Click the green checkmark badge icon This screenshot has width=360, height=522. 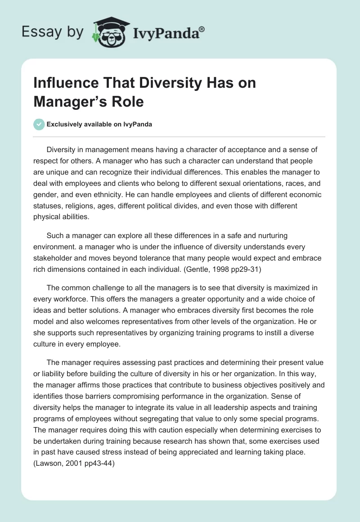[39, 124]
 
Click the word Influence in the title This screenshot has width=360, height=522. [63, 84]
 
